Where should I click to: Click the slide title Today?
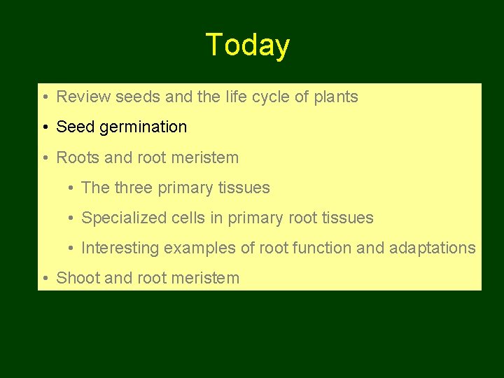pos(248,45)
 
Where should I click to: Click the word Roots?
pos(78,157)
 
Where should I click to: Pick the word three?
pos(134,188)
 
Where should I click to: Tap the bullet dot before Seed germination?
pos(44,127)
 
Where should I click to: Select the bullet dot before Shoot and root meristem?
pos(44,279)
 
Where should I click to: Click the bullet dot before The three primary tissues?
pos(71,188)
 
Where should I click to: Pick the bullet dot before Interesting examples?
pos(71,248)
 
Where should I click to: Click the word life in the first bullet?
pos(233,97)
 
